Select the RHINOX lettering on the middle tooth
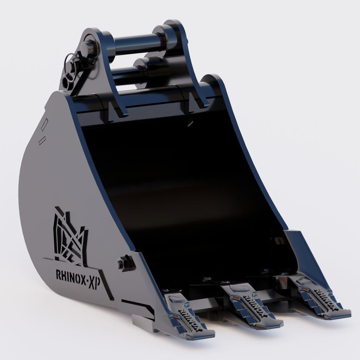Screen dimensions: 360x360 click(x=252, y=301)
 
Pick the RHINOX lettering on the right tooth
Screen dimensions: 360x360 click(x=322, y=294)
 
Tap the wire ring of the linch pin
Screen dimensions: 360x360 click(x=71, y=67)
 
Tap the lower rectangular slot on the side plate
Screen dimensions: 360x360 click(x=42, y=141)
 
